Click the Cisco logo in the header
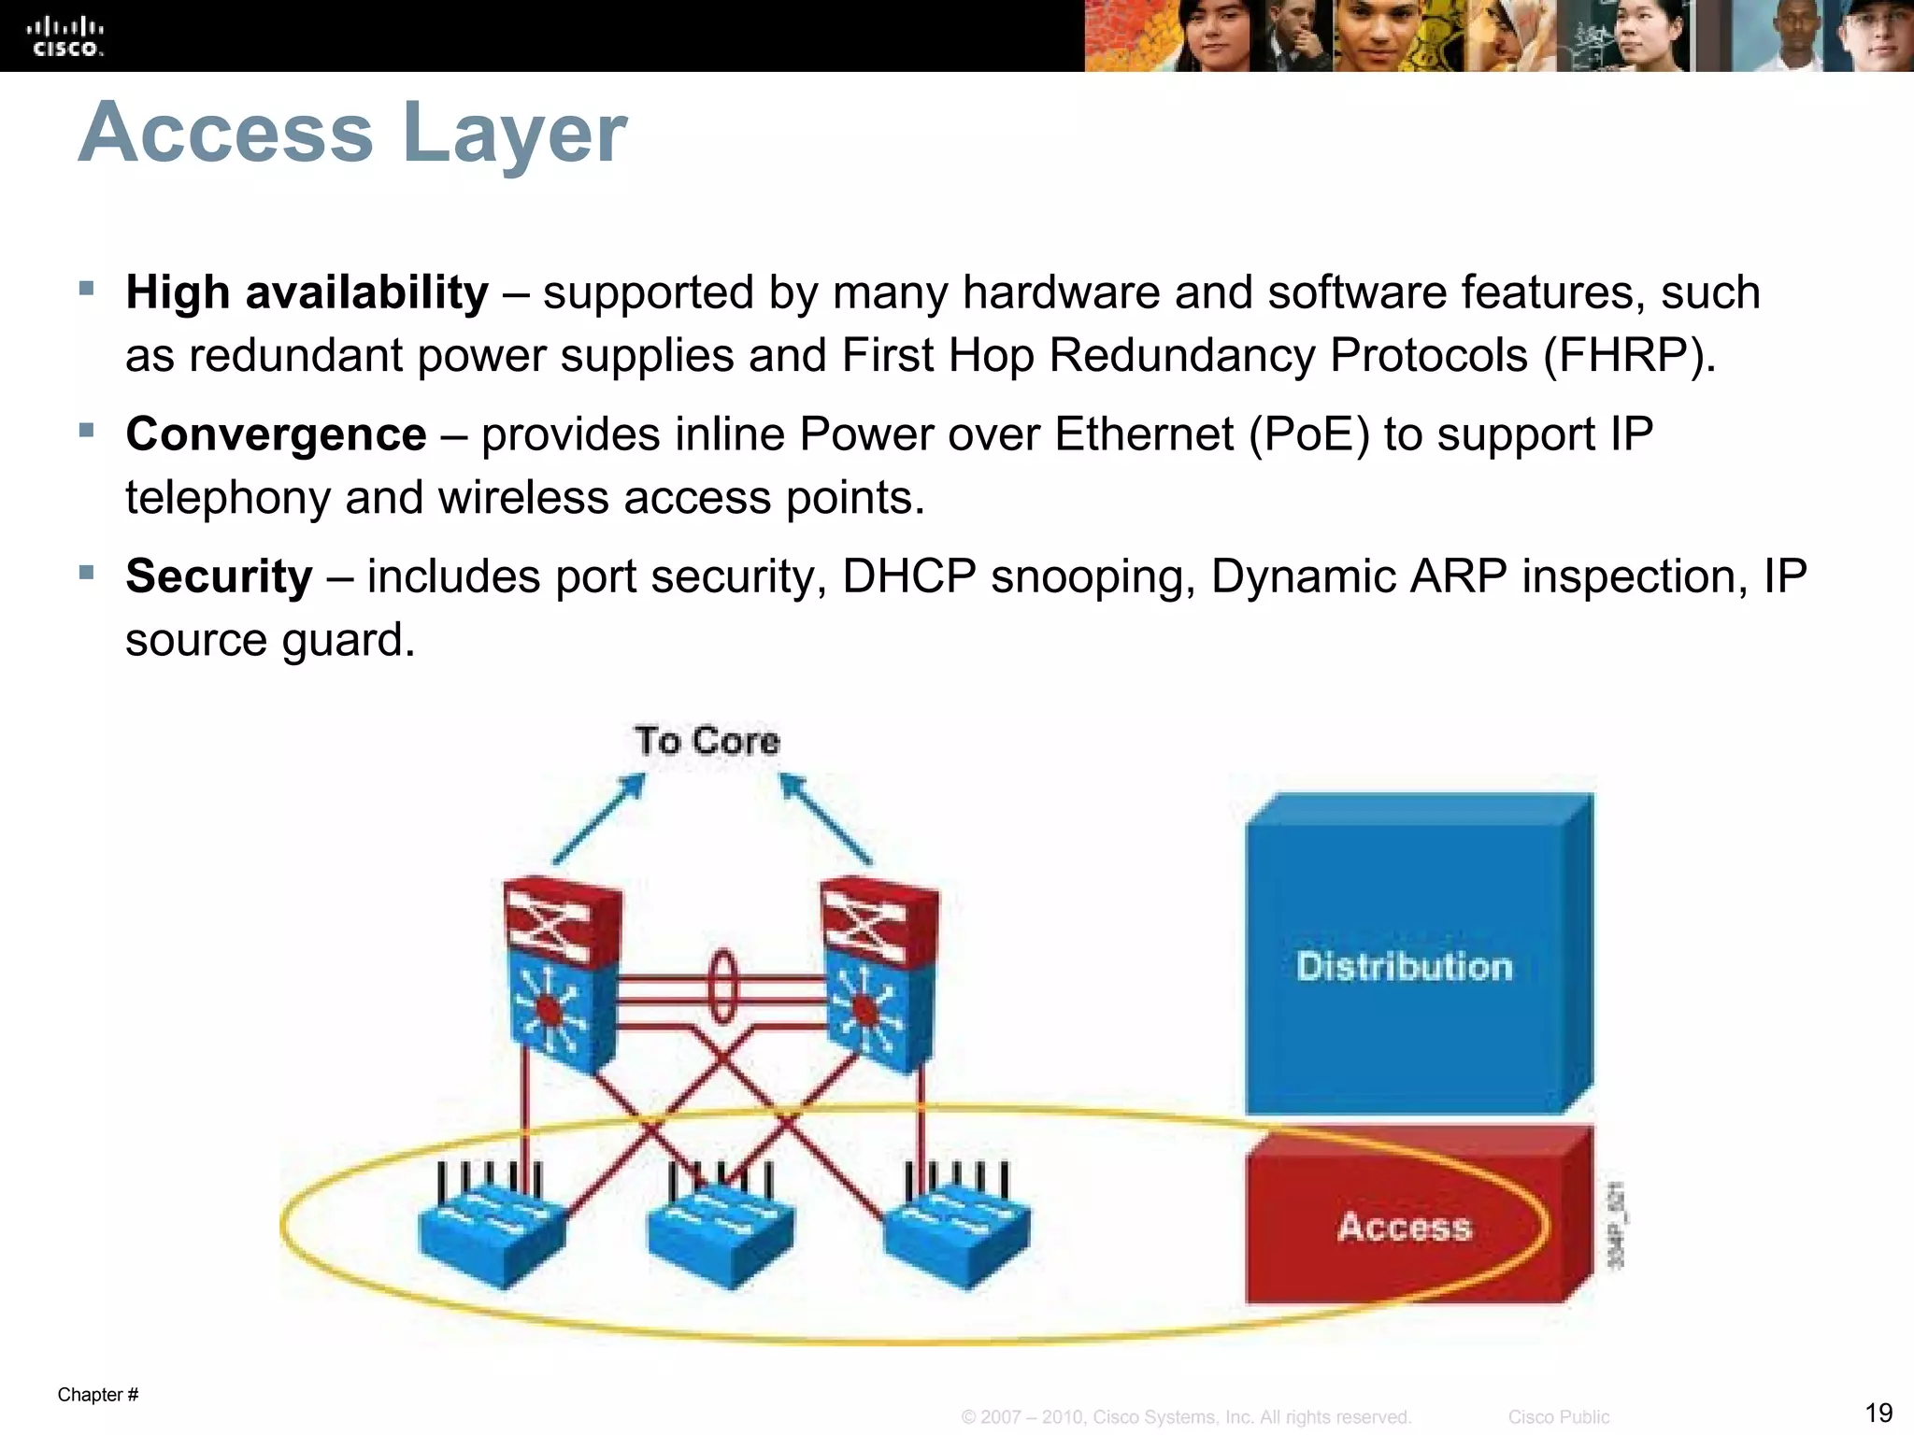pyautogui.click(x=65, y=36)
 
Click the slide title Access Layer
pyautogui.click(x=352, y=133)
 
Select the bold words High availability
pyautogui.click(x=307, y=292)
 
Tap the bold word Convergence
pyautogui.click(x=276, y=434)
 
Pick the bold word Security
pyautogui.click(x=219, y=576)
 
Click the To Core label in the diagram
pyautogui.click(x=707, y=741)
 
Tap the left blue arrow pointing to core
pyautogui.click(x=599, y=818)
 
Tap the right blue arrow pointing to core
pyautogui.click(x=825, y=818)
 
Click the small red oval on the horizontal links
pyautogui.click(x=721, y=987)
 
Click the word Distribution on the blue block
pyautogui.click(x=1404, y=967)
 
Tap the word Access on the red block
pyautogui.click(x=1404, y=1227)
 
